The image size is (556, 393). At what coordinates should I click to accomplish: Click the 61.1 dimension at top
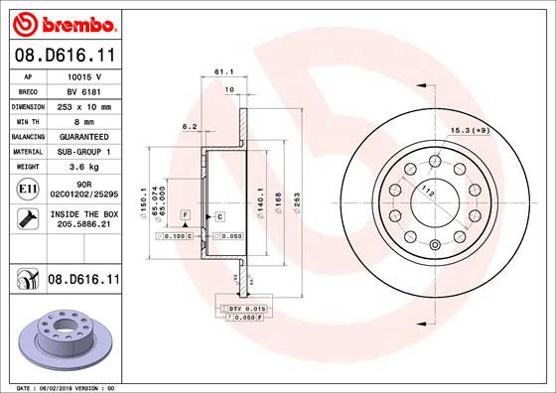[x=222, y=72]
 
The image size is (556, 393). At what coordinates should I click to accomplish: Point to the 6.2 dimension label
[x=189, y=127]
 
